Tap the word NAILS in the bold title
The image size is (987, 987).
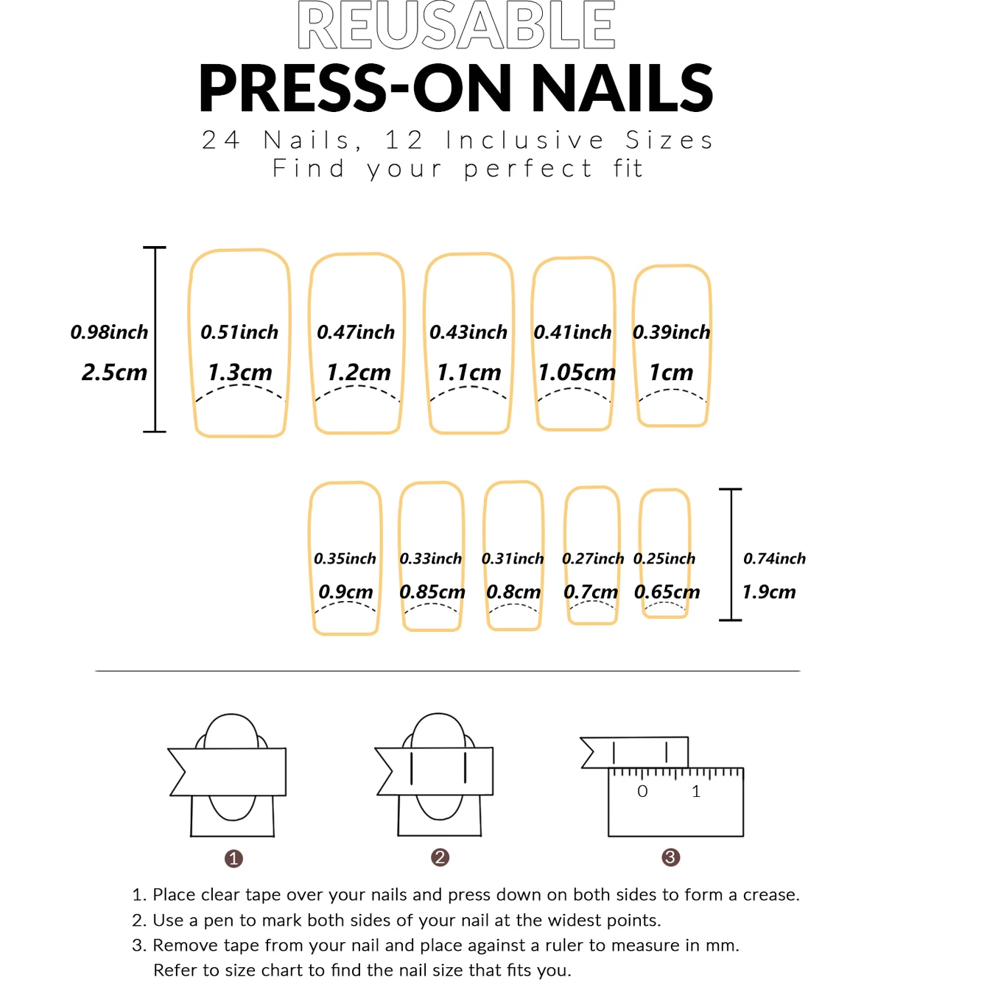622,88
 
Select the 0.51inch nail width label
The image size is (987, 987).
239,332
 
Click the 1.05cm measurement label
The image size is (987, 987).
576,373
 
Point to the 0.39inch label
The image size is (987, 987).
672,332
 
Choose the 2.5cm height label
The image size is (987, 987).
114,373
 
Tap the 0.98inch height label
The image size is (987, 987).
109,332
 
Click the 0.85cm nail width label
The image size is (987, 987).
432,592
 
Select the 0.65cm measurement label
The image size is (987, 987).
667,592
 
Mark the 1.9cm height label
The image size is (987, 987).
769,592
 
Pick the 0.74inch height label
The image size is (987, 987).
774,558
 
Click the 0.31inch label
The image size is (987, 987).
512,558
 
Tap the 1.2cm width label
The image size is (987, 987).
359,373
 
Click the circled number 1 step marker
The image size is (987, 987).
233,858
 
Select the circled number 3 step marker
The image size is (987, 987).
670,857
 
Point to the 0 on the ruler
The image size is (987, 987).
642,791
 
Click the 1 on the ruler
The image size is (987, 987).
696,791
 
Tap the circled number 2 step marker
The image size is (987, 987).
440,857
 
